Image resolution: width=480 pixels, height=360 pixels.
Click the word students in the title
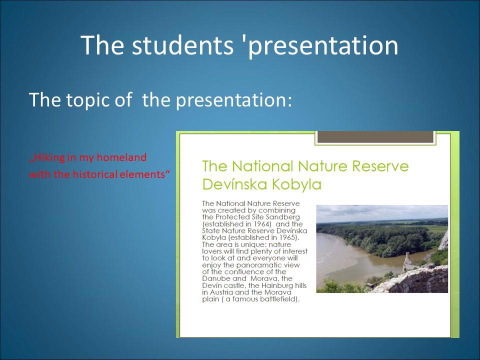click(x=182, y=45)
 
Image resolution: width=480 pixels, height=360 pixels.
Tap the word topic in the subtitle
click(x=87, y=99)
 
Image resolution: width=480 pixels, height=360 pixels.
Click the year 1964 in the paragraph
click(x=262, y=224)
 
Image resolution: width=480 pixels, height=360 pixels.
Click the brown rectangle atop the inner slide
click(x=375, y=137)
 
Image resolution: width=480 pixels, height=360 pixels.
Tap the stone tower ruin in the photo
click(x=408, y=261)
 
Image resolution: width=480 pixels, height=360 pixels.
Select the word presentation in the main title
click(x=323, y=46)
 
